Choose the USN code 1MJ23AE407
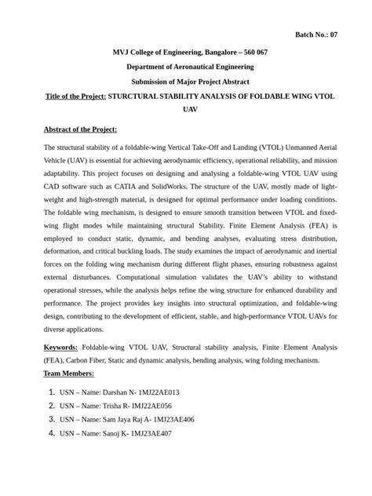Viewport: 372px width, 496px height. tap(151, 433)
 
